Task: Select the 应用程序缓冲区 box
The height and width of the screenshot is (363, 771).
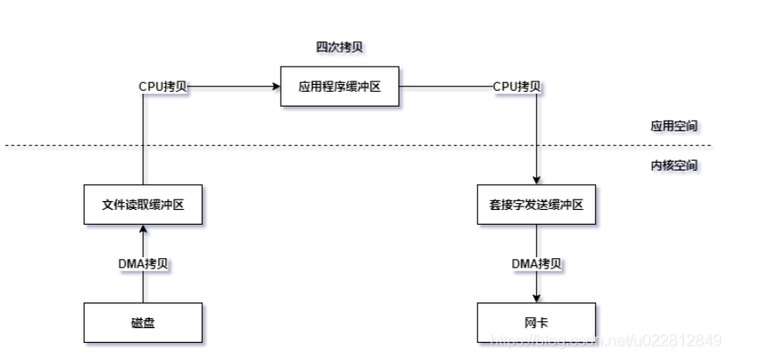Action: (339, 87)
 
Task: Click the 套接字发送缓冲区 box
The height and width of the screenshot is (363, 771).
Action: (537, 206)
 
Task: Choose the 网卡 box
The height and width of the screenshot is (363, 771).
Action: (537, 322)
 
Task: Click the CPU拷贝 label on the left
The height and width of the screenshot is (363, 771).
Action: (163, 87)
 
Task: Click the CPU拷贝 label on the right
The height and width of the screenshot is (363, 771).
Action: (517, 87)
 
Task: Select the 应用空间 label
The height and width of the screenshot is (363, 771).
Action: (673, 126)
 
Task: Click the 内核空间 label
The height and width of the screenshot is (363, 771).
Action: (673, 164)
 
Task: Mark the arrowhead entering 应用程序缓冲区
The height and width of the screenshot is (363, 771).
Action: (275, 87)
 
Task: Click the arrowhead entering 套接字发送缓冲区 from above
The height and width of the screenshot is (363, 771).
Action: (537, 180)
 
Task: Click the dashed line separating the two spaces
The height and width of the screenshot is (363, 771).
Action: (350, 145)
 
